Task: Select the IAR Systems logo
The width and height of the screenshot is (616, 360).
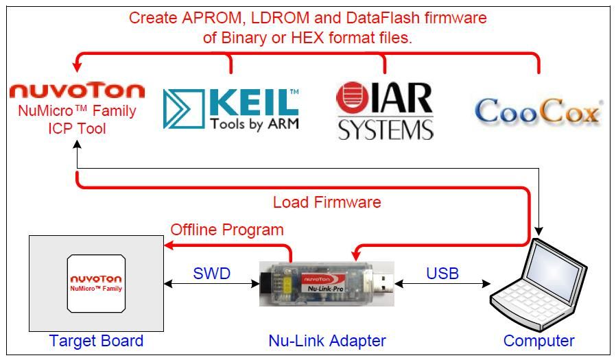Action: coord(385,110)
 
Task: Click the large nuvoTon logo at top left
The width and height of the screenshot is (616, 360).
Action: coord(77,91)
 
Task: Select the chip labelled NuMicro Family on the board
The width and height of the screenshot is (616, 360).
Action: coord(96,284)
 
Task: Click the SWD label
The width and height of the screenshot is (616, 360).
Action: coord(211,274)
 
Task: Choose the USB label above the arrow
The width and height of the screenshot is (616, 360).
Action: coord(442,274)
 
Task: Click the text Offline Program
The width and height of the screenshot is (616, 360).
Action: coord(227,229)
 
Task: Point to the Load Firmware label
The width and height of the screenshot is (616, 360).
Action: coord(327,202)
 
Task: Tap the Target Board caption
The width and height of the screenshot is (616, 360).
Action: coord(96,341)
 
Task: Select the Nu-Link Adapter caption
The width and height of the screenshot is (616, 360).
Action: coord(327,341)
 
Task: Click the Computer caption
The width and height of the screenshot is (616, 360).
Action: coord(538,341)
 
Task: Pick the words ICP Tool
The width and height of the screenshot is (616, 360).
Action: coord(77,128)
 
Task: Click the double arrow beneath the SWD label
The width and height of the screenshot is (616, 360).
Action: coord(211,283)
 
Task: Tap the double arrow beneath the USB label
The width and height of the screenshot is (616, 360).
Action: coord(442,283)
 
